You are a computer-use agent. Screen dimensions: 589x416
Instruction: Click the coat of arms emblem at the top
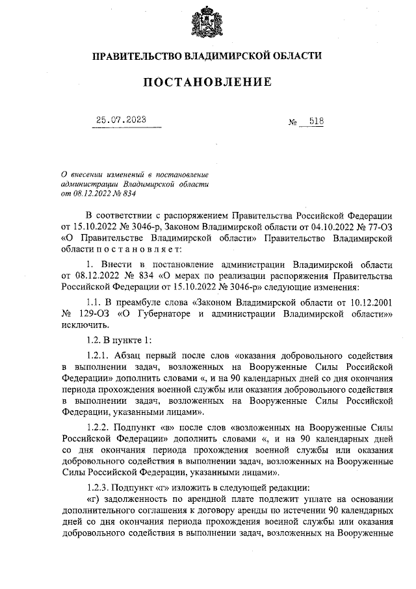207,23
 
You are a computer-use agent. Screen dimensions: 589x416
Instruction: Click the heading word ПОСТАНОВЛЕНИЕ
207,83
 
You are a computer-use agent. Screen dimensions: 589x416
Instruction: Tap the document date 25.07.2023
121,120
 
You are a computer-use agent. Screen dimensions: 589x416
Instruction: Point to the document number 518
317,122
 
